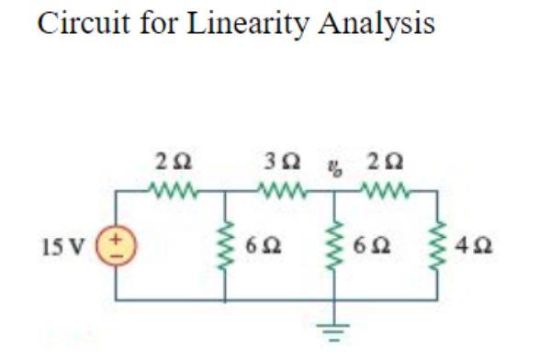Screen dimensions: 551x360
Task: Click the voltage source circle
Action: (x=115, y=247)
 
